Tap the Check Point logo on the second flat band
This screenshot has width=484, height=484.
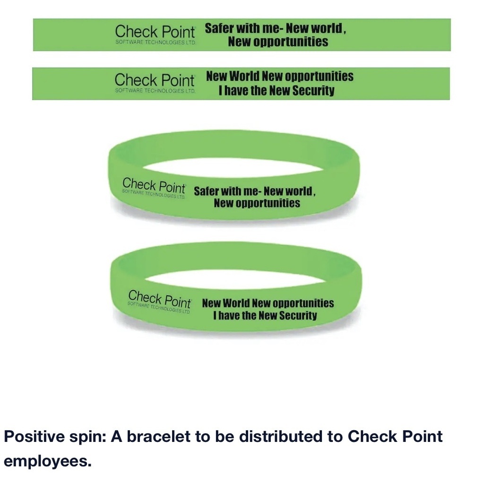(154, 80)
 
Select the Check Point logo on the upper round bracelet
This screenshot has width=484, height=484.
(154, 186)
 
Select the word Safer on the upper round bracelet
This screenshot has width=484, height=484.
(207, 191)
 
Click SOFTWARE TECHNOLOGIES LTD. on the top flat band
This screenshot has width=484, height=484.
(155, 42)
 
